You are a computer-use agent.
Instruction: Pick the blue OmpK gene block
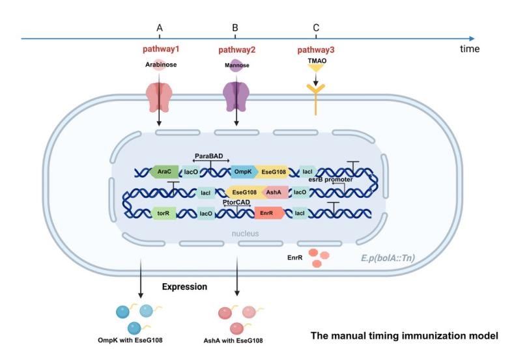tap(244, 172)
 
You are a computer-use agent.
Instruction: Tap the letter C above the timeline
tap(316, 28)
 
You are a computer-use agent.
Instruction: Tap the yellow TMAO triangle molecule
tap(315, 68)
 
